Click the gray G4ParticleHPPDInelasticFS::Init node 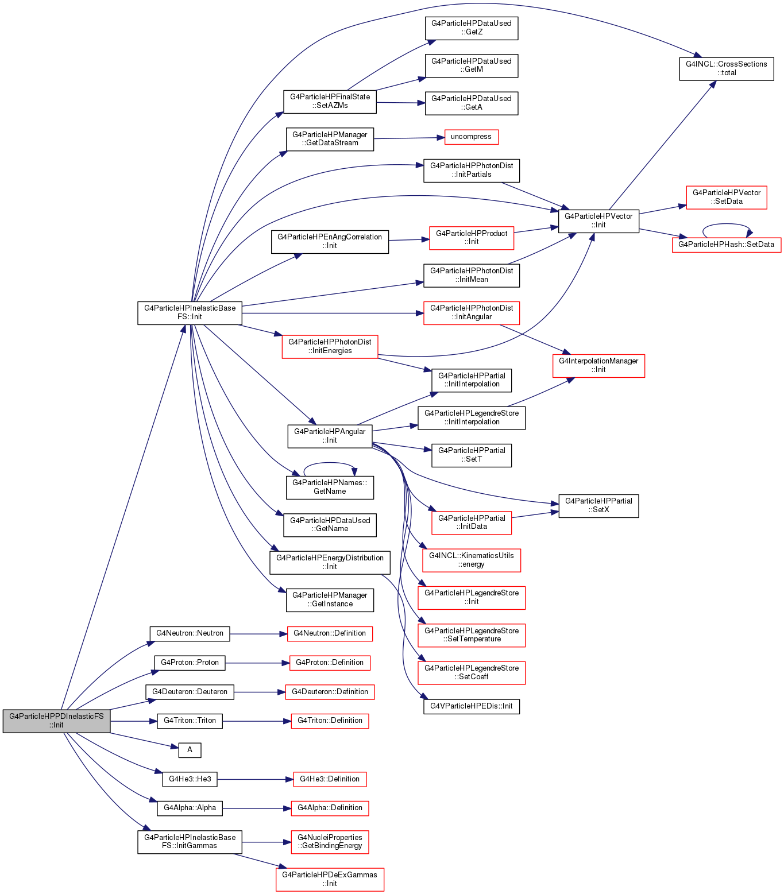tap(56, 721)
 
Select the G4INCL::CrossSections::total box tap(727, 68)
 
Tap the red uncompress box tap(471, 137)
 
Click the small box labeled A tap(190, 750)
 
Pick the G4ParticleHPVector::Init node tap(598, 220)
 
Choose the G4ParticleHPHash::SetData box tap(727, 245)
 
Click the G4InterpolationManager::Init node tap(598, 365)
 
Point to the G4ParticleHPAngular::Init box tap(330, 436)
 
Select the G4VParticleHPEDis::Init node tap(472, 706)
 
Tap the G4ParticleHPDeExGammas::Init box tap(330, 879)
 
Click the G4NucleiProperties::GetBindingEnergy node tap(330, 842)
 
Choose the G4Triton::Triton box tap(190, 721)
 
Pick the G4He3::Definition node tap(330, 779)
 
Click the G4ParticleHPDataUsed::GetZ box tap(472, 28)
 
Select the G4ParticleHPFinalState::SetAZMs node tap(330, 102)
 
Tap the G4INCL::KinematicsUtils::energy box tap(472, 560)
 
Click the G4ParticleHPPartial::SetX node tap(598, 506)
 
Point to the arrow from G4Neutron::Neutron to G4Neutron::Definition tap(258, 634)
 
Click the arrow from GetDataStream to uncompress tap(409, 138)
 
